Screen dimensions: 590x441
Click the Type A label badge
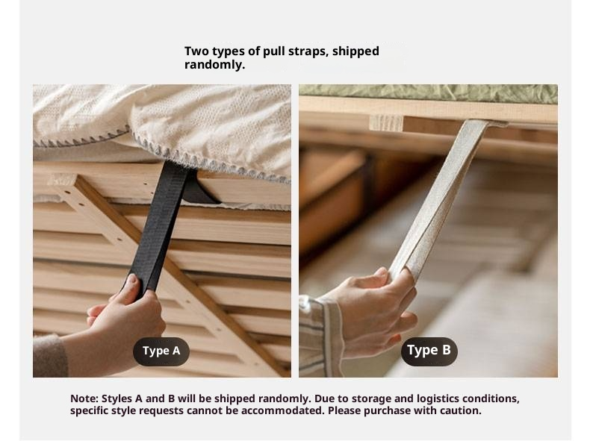pos(161,351)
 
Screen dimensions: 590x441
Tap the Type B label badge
pos(429,351)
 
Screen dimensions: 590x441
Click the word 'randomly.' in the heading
pos(214,65)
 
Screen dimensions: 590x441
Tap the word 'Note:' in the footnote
pos(84,398)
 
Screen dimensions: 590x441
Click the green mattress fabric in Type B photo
pos(428,93)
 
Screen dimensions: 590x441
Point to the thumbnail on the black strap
pos(132,278)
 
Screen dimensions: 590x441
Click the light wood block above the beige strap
pos(386,123)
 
